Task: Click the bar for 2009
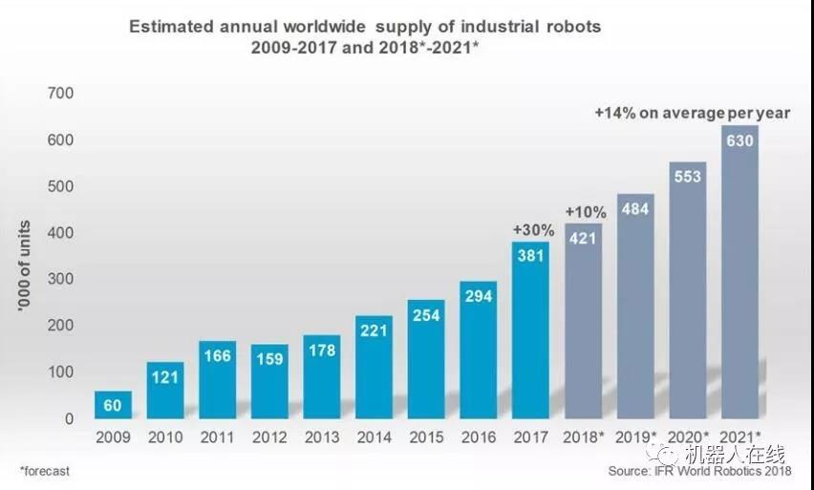tap(113, 405)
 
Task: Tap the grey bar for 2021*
tap(739, 272)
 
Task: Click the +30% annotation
tap(530, 229)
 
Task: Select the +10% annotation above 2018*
tap(584, 211)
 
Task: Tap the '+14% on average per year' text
tap(692, 113)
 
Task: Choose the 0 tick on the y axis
tap(68, 418)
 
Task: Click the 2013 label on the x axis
tap(321, 437)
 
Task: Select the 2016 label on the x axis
tap(479, 437)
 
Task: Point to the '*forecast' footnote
tap(45, 471)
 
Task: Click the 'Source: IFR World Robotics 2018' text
tap(700, 471)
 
